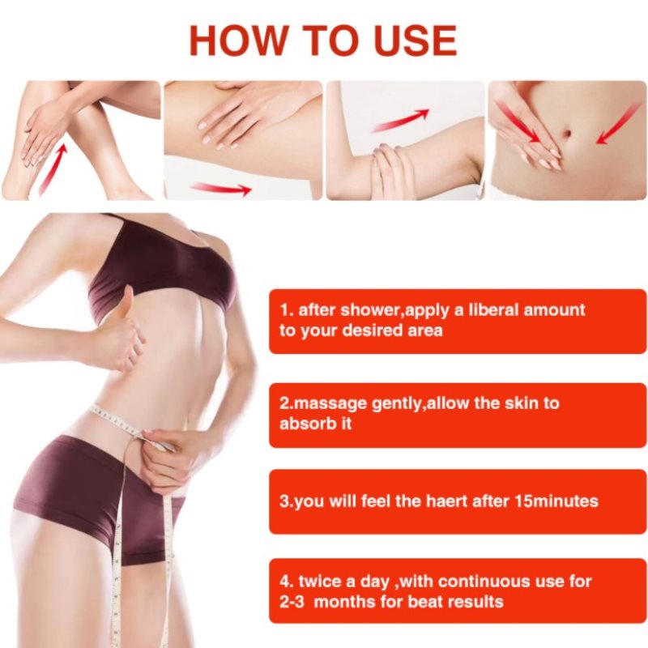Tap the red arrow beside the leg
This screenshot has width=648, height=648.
coord(53,168)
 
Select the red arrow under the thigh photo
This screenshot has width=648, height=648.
coord(222,189)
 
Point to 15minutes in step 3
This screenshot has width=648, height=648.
coord(556,501)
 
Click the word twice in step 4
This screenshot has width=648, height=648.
coord(320,582)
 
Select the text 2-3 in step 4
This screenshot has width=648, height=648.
coord(292,602)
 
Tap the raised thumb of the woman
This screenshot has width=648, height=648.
coord(126,303)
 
